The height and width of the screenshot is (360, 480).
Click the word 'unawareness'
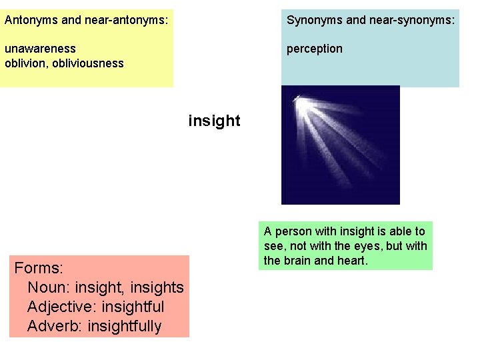pyautogui.click(x=40, y=49)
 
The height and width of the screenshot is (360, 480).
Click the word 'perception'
pyautogui.click(x=315, y=49)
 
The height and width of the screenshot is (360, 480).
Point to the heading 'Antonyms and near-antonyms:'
pyautogui.click(x=86, y=20)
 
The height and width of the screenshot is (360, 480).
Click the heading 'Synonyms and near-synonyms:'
pyautogui.click(x=371, y=20)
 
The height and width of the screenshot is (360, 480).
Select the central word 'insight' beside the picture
pyautogui.click(x=214, y=121)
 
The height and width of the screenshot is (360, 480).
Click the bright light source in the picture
pyautogui.click(x=298, y=100)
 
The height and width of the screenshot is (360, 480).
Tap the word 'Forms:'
pyautogui.click(x=39, y=268)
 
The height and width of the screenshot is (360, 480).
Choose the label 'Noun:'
pyautogui.click(x=49, y=287)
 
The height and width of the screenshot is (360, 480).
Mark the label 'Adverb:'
pyautogui.click(x=55, y=326)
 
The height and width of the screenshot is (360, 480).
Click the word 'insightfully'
pyautogui.click(x=124, y=326)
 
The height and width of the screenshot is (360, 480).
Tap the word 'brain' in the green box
pyautogui.click(x=297, y=260)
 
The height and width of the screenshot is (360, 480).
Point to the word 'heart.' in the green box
pyautogui.click(x=351, y=260)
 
